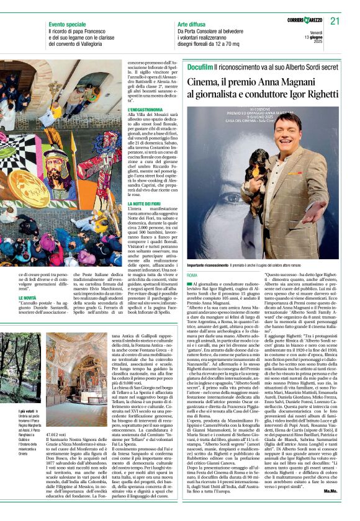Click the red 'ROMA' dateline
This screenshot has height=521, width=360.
point(192,275)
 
